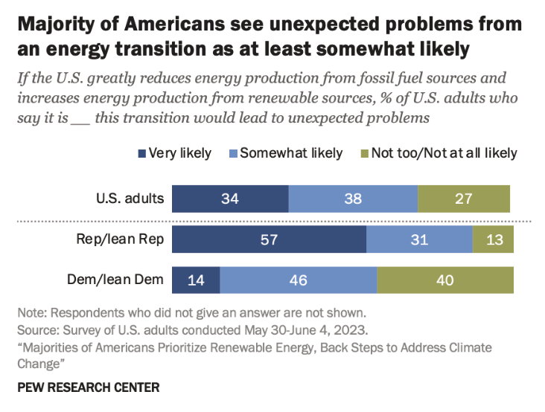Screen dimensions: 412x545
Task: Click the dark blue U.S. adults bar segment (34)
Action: [x=230, y=199]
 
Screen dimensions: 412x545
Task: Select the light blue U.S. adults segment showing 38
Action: [x=353, y=199]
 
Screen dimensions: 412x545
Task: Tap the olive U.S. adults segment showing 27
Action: [x=464, y=199]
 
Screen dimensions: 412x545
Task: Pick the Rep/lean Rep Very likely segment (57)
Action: [x=269, y=241]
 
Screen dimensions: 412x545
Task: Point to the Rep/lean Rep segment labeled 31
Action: [x=419, y=241]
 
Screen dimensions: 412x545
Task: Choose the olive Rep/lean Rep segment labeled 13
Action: [x=493, y=241]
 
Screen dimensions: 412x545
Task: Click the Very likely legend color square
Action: [x=141, y=154]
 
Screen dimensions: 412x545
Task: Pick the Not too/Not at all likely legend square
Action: [x=365, y=154]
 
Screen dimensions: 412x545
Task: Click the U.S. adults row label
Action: [x=130, y=199]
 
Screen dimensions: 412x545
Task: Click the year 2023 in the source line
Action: [x=349, y=329]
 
